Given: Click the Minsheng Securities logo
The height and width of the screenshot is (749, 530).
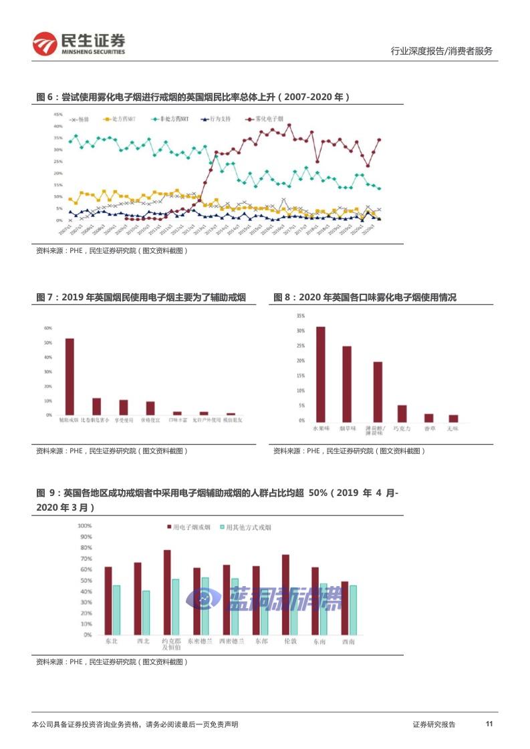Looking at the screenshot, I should (x=79, y=43).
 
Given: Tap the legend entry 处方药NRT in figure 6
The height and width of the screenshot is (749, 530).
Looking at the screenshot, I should (x=124, y=119).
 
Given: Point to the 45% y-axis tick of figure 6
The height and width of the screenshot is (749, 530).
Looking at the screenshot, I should (x=59, y=114).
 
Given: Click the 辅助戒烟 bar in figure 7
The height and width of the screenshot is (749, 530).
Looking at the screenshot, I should (x=70, y=377).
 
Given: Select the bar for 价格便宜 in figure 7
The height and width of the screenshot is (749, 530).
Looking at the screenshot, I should (x=150, y=408).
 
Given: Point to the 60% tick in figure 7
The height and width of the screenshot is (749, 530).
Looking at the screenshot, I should (x=48, y=328).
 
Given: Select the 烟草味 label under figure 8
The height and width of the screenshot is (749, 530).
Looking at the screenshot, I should (x=347, y=427).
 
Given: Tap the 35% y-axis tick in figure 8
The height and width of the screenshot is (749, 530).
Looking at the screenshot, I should (x=301, y=316).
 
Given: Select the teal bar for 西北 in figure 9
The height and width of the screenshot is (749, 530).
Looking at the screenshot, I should (x=146, y=612).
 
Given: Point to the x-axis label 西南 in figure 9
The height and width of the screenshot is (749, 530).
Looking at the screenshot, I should (x=348, y=642).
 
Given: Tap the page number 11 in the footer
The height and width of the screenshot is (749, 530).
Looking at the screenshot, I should (x=489, y=724).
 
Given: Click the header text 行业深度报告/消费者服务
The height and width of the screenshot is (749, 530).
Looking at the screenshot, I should (x=441, y=51).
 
